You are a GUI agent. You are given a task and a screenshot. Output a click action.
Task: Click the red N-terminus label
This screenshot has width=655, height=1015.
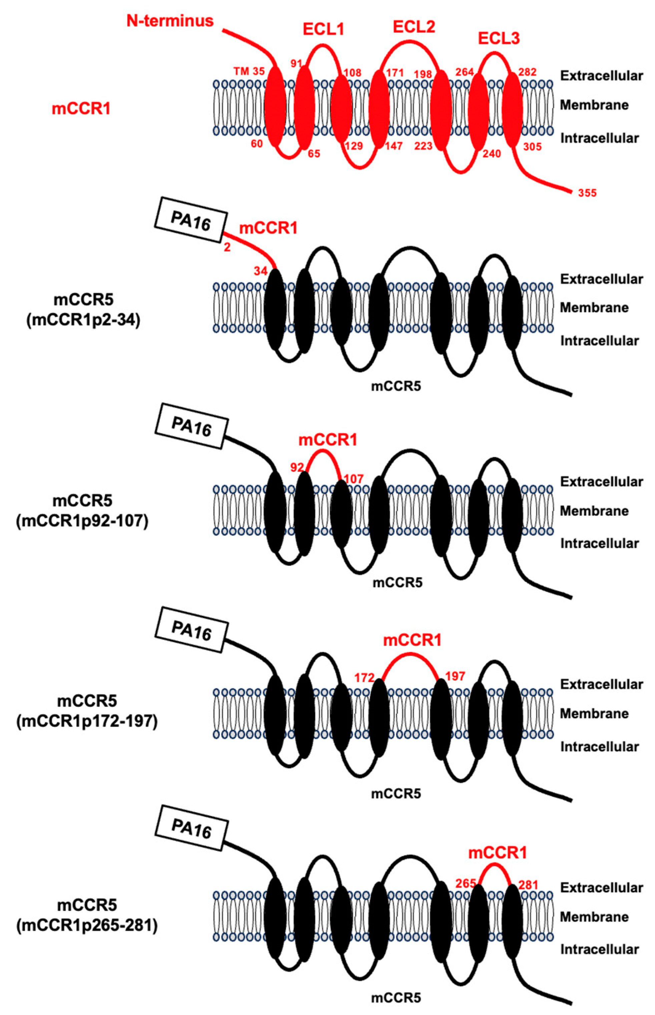(170, 20)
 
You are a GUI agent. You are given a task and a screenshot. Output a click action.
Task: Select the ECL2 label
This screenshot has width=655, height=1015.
(414, 27)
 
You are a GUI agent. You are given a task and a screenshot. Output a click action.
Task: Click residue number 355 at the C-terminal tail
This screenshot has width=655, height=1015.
(587, 193)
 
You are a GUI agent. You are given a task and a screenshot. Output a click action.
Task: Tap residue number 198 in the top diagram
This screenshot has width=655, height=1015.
(423, 74)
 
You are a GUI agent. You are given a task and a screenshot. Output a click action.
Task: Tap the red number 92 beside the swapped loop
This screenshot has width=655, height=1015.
(297, 467)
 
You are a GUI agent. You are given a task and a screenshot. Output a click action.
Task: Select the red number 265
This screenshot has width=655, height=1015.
(465, 884)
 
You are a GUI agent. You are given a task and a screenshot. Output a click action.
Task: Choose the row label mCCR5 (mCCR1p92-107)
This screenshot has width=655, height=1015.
(82, 511)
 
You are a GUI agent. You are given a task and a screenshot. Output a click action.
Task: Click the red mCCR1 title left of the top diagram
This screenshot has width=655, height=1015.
(81, 109)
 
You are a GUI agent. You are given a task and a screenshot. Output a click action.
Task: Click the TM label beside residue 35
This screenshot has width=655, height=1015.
(241, 71)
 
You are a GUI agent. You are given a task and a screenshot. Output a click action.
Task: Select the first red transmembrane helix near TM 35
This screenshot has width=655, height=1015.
(275, 106)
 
